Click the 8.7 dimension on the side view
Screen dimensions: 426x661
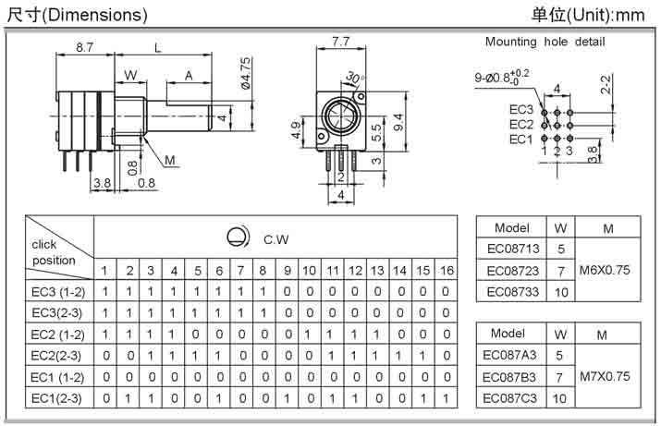(x=83, y=46)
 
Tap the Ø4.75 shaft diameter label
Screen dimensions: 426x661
(x=246, y=74)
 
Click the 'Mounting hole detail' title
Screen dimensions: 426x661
(x=545, y=42)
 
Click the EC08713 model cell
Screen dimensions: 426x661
(x=511, y=250)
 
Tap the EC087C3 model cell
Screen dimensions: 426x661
(x=511, y=397)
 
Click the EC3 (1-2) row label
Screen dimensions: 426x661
(x=57, y=292)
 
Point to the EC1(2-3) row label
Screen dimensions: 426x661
(x=57, y=398)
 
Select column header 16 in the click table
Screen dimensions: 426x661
(x=446, y=270)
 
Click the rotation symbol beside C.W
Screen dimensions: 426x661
(x=238, y=237)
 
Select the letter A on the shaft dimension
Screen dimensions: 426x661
(x=188, y=75)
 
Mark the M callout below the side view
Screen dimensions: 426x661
(x=169, y=161)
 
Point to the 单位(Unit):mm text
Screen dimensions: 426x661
(x=588, y=15)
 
